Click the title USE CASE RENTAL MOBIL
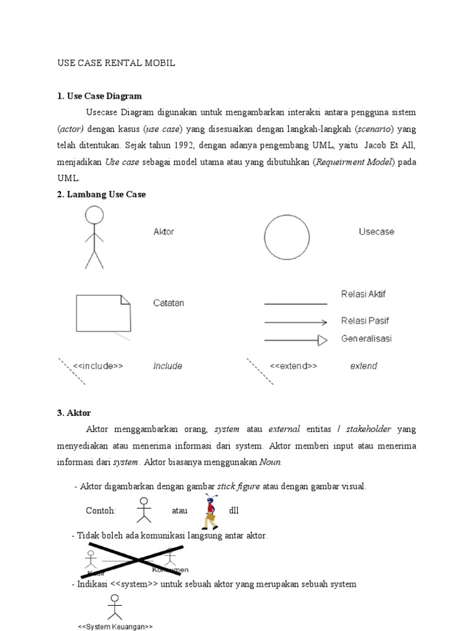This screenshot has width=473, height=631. tap(116, 63)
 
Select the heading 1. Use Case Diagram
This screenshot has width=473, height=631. tap(99, 96)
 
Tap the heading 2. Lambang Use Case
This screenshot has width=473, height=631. tap(102, 194)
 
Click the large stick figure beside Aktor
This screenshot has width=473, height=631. tap(94, 237)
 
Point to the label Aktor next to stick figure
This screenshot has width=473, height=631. tap(164, 232)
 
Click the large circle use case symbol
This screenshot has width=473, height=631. tap(286, 237)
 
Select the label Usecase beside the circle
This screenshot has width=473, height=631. tap(376, 232)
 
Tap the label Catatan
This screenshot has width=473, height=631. tap(169, 303)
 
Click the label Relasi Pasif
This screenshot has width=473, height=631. tap(365, 320)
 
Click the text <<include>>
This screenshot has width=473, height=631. tap(98, 365)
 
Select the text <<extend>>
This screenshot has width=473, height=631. tap(293, 365)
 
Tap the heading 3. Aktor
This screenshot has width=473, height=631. tap(73, 413)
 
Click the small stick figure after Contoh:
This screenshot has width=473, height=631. tap(144, 509)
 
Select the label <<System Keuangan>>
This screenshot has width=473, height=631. tap(115, 626)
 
